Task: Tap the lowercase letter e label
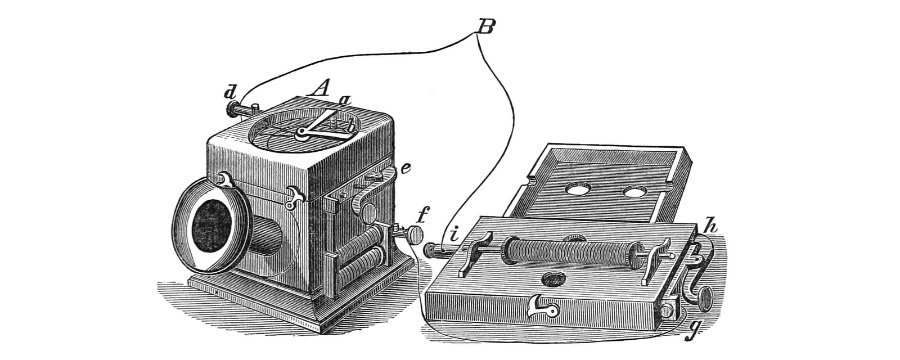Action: (406, 168)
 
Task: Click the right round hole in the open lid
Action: (634, 193)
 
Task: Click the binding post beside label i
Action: (436, 250)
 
